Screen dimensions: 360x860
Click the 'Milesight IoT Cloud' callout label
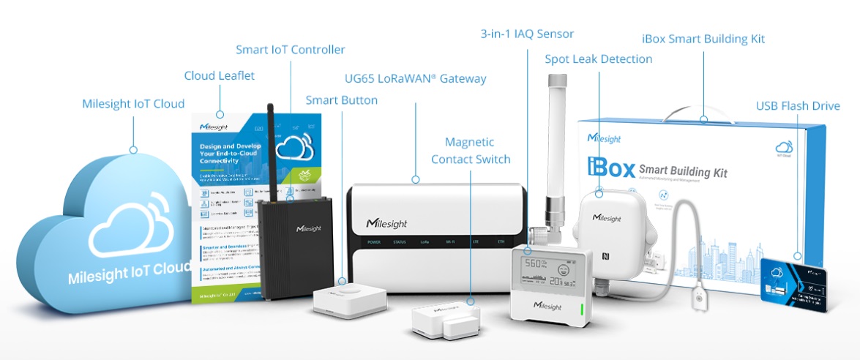pos(132,103)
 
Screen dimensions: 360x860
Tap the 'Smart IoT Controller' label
pos(290,50)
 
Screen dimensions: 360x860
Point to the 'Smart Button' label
pos(341,100)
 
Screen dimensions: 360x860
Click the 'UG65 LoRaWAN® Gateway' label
pos(415,78)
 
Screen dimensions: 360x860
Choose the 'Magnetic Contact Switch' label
pos(470,150)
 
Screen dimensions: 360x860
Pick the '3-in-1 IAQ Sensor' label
pos(526,34)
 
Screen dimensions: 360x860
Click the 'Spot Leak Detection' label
pos(598,59)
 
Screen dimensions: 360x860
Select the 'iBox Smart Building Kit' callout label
pos(703,39)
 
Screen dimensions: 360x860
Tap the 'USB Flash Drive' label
pos(798,106)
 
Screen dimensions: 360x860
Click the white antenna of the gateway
pos(552,168)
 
